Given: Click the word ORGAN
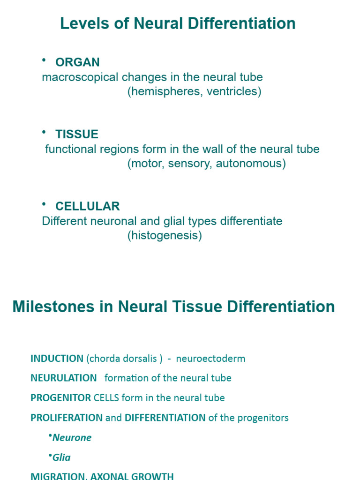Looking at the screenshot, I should point(77,62).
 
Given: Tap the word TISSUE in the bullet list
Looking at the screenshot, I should point(77,135).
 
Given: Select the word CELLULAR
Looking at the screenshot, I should point(87,206).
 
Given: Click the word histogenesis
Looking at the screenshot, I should point(165,236).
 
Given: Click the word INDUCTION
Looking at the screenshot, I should point(57,359).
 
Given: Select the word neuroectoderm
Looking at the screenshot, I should point(210,359).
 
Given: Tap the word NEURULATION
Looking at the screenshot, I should point(64,378).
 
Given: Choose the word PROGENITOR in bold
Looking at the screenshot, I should point(60,398).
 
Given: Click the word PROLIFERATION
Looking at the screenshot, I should point(66,418).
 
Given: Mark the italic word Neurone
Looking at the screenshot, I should point(72,438).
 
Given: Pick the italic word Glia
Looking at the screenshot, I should point(62,457).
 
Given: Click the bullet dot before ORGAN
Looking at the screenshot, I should point(44,60).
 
